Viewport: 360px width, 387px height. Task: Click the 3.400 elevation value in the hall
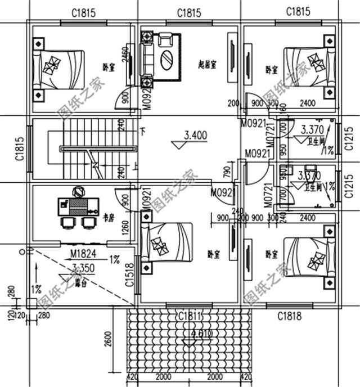pos(195,134)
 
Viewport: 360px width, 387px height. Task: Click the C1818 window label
pos(289,317)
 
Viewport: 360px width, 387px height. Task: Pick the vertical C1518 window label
pos(129,274)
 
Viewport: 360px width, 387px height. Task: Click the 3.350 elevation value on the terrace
pos(83,268)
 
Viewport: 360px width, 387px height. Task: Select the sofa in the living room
pos(147,57)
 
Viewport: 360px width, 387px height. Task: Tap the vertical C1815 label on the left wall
pos(20,150)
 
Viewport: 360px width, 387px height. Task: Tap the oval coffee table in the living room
pos(168,59)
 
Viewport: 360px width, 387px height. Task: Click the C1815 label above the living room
pos(190,12)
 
